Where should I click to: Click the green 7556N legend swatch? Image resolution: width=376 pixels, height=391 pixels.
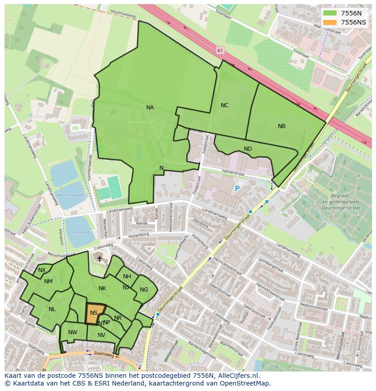pyautogui.click(x=330, y=13)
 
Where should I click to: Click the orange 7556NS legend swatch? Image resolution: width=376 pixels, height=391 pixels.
pyautogui.click(x=330, y=22)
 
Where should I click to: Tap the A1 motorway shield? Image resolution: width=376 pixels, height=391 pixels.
pyautogui.click(x=220, y=51)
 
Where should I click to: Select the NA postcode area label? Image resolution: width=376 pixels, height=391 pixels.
pyautogui.click(x=150, y=108)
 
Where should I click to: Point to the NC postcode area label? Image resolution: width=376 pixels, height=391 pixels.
pyautogui.click(x=224, y=105)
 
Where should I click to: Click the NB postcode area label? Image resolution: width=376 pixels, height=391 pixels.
pyautogui.click(x=282, y=126)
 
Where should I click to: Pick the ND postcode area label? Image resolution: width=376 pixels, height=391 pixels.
pyautogui.click(x=247, y=149)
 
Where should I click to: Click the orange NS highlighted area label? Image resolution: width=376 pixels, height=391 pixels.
pyautogui.click(x=94, y=313)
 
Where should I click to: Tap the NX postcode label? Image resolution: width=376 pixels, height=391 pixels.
pyautogui.click(x=42, y=270)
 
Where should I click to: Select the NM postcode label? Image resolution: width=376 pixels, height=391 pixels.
pyautogui.click(x=48, y=282)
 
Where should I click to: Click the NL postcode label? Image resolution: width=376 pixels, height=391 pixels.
pyautogui.click(x=52, y=309)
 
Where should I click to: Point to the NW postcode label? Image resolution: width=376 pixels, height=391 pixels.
pyautogui.click(x=73, y=332)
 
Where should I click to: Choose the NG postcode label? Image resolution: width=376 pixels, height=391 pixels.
pyautogui.click(x=144, y=290)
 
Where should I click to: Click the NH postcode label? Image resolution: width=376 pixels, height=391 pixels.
pyautogui.click(x=127, y=277)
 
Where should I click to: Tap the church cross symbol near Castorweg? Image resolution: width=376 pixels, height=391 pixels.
pyautogui.click(x=99, y=258)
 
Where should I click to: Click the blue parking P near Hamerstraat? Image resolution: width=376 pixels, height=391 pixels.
pyautogui.click(x=237, y=188)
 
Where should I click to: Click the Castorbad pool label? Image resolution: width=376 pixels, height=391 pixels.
pyautogui.click(x=79, y=232)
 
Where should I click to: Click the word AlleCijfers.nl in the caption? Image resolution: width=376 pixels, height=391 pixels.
pyautogui.click(x=237, y=376)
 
